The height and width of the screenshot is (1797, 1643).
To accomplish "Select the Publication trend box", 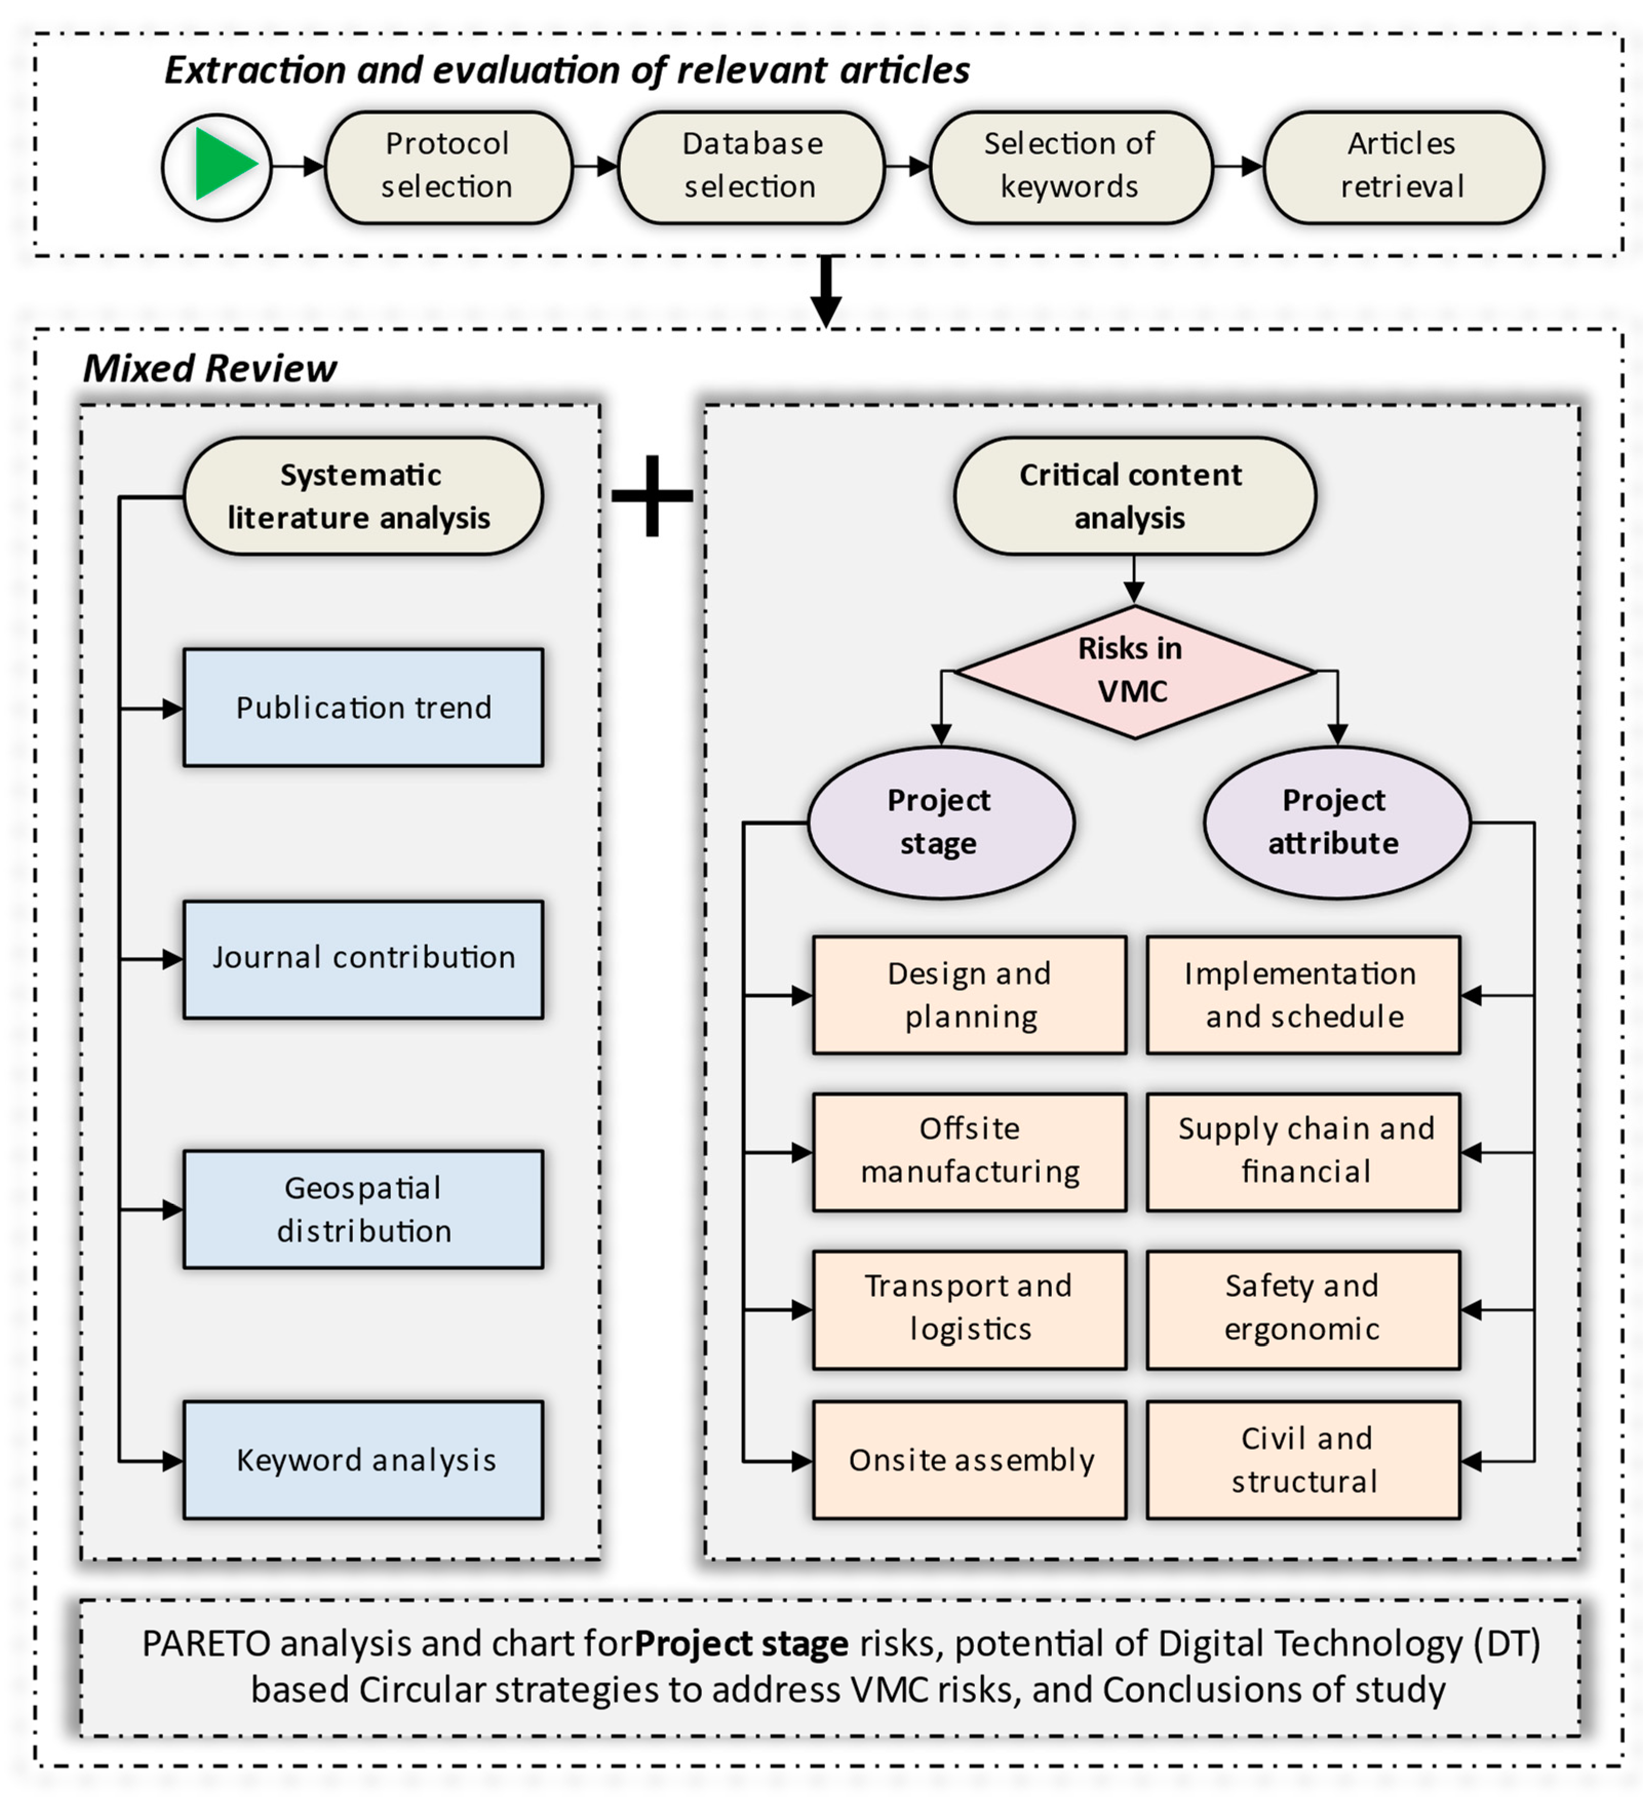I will [x=363, y=707].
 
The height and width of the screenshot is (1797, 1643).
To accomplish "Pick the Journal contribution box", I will [x=363, y=958].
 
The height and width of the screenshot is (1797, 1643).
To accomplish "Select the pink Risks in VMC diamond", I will [x=1132, y=671].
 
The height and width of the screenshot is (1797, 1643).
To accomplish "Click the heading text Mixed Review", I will [x=210, y=368].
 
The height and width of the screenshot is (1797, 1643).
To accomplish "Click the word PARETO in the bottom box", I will [x=205, y=1643].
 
